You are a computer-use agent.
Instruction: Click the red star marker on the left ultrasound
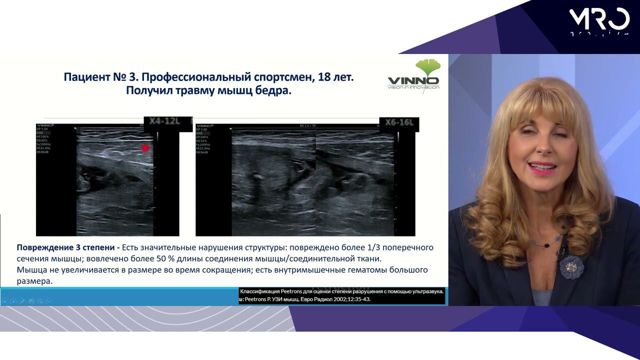(145, 147)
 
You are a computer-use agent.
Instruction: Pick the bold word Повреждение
(45, 247)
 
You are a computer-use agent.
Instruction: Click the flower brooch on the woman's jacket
(571, 266)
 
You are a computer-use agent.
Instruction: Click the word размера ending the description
(34, 281)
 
